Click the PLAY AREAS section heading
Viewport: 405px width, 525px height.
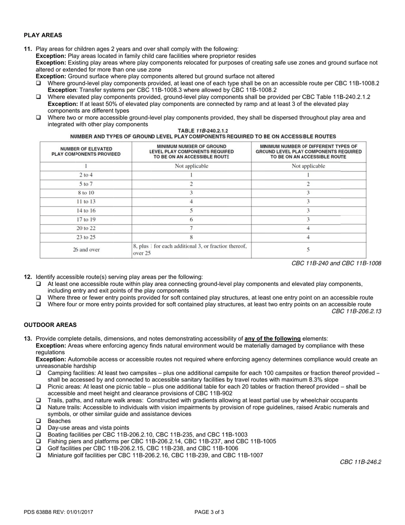43,35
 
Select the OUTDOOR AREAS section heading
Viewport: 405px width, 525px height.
50,325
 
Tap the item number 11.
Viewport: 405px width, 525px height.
28,49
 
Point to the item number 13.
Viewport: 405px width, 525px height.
28,338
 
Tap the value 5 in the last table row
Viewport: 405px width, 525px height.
308,250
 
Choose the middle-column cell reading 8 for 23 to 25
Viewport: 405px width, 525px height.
191,237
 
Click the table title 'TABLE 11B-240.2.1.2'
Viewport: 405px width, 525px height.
203,131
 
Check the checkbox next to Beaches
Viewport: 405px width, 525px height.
39,421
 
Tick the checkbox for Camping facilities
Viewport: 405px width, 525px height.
39,373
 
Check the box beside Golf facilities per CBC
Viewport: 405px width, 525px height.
39,448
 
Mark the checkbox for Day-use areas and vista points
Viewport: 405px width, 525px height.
39,428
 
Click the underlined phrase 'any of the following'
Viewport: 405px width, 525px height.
272,338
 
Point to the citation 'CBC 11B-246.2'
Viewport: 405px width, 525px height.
360,462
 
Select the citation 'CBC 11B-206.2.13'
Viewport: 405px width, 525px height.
356,311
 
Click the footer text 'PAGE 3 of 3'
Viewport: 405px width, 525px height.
209,512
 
